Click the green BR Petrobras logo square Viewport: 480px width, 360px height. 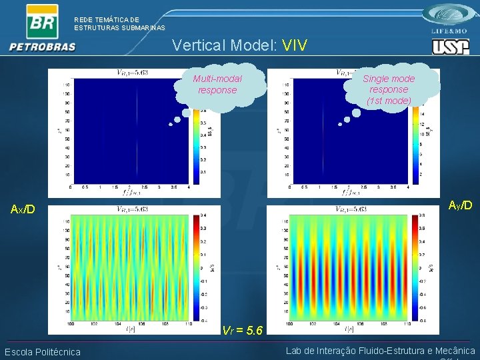pyautogui.click(x=41, y=21)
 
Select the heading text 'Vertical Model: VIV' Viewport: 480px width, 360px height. pyautogui.click(x=239, y=45)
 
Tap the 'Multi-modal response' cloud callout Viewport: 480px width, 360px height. pyautogui.click(x=218, y=85)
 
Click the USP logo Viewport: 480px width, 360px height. pyautogui.click(x=450, y=47)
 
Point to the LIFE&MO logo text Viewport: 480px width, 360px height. pyautogui.click(x=451, y=31)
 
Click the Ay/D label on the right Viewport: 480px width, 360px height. pyautogui.click(x=460, y=205)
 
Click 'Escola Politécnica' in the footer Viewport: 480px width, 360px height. pyautogui.click(x=43, y=352)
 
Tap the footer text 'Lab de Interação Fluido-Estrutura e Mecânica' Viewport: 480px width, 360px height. pyautogui.click(x=380, y=351)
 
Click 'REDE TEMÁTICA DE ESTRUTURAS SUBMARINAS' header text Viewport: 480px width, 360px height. pyautogui.click(x=119, y=24)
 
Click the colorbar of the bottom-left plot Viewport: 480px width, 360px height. pyautogui.click(x=197, y=267)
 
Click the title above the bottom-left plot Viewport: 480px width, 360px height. pyautogui.click(x=133, y=209)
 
